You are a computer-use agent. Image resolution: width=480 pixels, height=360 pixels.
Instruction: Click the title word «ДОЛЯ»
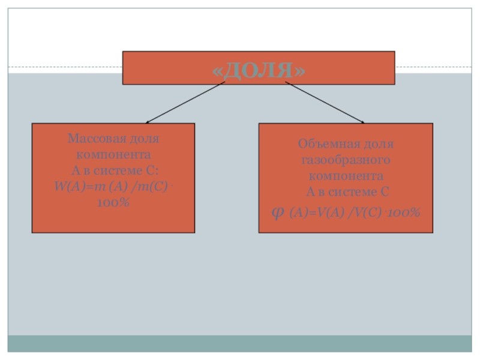pyautogui.click(x=259, y=69)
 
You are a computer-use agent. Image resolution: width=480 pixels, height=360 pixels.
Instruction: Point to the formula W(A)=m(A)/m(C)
pyautogui.click(x=112, y=187)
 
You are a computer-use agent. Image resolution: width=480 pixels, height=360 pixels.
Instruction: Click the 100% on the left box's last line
pyautogui.click(x=113, y=202)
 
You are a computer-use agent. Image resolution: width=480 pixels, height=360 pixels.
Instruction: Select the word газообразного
pyautogui.click(x=346, y=161)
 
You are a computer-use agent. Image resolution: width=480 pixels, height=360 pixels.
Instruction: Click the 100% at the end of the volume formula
pyautogui.click(x=403, y=213)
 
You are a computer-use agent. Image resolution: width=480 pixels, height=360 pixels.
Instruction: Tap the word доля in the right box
pyautogui.click(x=378, y=145)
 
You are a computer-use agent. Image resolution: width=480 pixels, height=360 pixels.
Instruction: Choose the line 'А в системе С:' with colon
pyautogui.click(x=113, y=170)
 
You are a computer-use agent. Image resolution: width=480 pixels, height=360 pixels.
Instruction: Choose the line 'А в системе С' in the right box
pyautogui.click(x=346, y=192)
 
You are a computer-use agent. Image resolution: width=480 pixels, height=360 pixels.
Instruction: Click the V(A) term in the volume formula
pyautogui.click(x=324, y=213)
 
